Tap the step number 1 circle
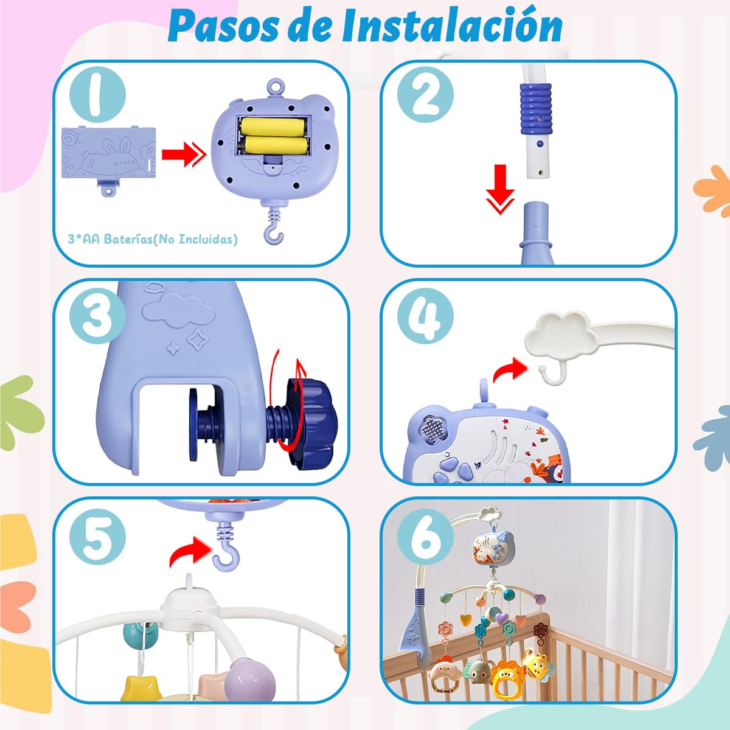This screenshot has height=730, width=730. [x=97, y=94]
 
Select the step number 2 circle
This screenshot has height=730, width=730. [x=425, y=94]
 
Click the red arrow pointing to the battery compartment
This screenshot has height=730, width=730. [x=184, y=154]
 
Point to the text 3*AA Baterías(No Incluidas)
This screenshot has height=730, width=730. [x=153, y=240]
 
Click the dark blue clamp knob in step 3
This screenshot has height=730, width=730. [x=311, y=421]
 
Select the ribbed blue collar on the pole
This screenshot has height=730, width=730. [x=536, y=108]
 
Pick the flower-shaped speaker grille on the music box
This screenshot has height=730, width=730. [x=434, y=430]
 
